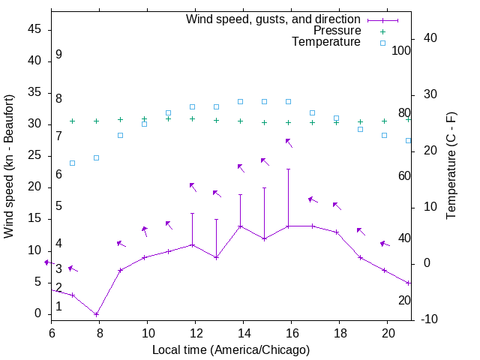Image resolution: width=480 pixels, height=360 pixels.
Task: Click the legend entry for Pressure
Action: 337,31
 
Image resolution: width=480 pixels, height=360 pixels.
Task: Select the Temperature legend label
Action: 326,42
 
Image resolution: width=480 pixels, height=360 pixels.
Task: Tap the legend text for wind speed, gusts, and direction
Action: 274,19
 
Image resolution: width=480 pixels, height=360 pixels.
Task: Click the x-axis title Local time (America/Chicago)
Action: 230,350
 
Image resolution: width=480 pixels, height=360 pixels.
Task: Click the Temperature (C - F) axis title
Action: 451,166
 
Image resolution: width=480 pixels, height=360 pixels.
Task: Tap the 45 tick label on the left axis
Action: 35,30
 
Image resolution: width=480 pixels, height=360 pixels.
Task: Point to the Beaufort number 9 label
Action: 58,55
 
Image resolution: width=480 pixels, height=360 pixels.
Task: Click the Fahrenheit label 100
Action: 402,50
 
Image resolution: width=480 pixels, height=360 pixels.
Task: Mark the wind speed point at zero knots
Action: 97,314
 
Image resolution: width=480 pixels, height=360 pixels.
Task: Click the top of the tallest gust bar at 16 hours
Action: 289,169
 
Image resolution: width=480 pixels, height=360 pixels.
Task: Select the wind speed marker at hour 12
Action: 193,244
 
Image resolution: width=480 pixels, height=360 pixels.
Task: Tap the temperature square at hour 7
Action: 73,163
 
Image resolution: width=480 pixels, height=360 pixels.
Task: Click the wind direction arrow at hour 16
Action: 289,142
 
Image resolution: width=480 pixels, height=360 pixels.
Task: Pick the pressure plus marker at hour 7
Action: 73,121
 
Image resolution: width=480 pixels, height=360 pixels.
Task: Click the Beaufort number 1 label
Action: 58,306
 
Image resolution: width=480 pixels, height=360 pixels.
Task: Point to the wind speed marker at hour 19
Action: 361,257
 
